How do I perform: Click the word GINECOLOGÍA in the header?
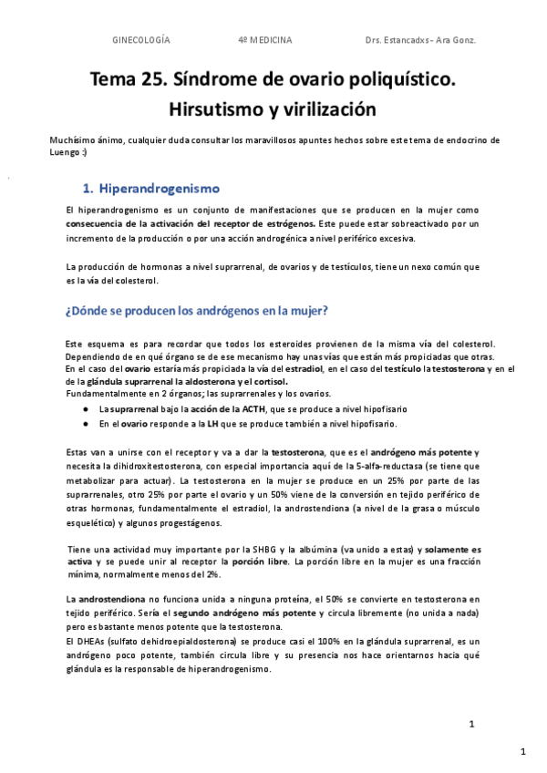pos(140,40)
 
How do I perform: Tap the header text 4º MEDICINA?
pos(264,40)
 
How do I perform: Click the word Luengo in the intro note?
pos(66,153)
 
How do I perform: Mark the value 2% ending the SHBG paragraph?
pos(212,574)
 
